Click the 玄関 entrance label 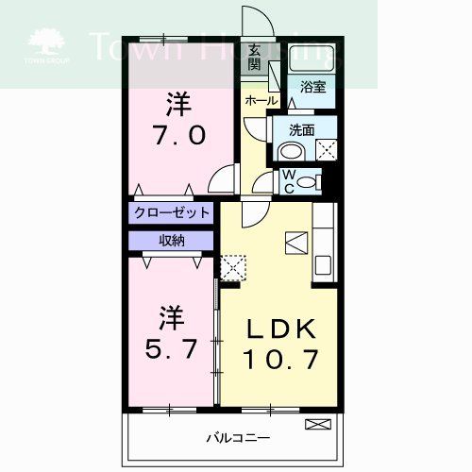coord(254,58)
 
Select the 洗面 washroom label coord(301,129)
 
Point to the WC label coord(289,179)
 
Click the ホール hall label coord(261,100)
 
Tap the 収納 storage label coord(171,240)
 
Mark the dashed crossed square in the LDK coord(231,266)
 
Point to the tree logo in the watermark coord(44,42)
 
